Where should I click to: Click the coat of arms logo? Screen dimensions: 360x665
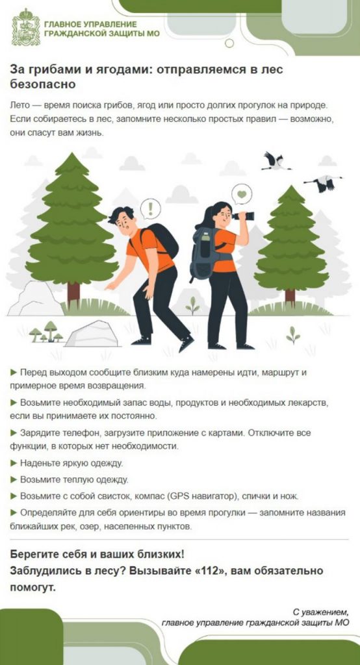25,27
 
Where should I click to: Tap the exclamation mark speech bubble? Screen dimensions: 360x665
150,208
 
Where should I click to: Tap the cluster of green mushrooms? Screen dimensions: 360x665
46,332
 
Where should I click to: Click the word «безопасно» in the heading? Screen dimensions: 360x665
43,84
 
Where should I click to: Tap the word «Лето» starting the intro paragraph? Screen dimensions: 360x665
19,105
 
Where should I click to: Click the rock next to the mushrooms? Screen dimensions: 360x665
92,334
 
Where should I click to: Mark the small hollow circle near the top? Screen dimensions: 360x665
229,43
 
